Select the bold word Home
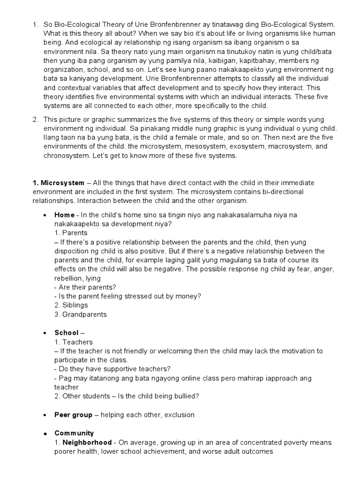click(64, 215)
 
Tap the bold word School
click(66, 333)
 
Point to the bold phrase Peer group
click(73, 415)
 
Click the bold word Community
click(74, 433)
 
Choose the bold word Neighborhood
click(87, 442)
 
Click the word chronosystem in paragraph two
click(66, 156)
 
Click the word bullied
click(184, 397)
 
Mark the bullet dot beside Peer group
click(44, 415)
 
